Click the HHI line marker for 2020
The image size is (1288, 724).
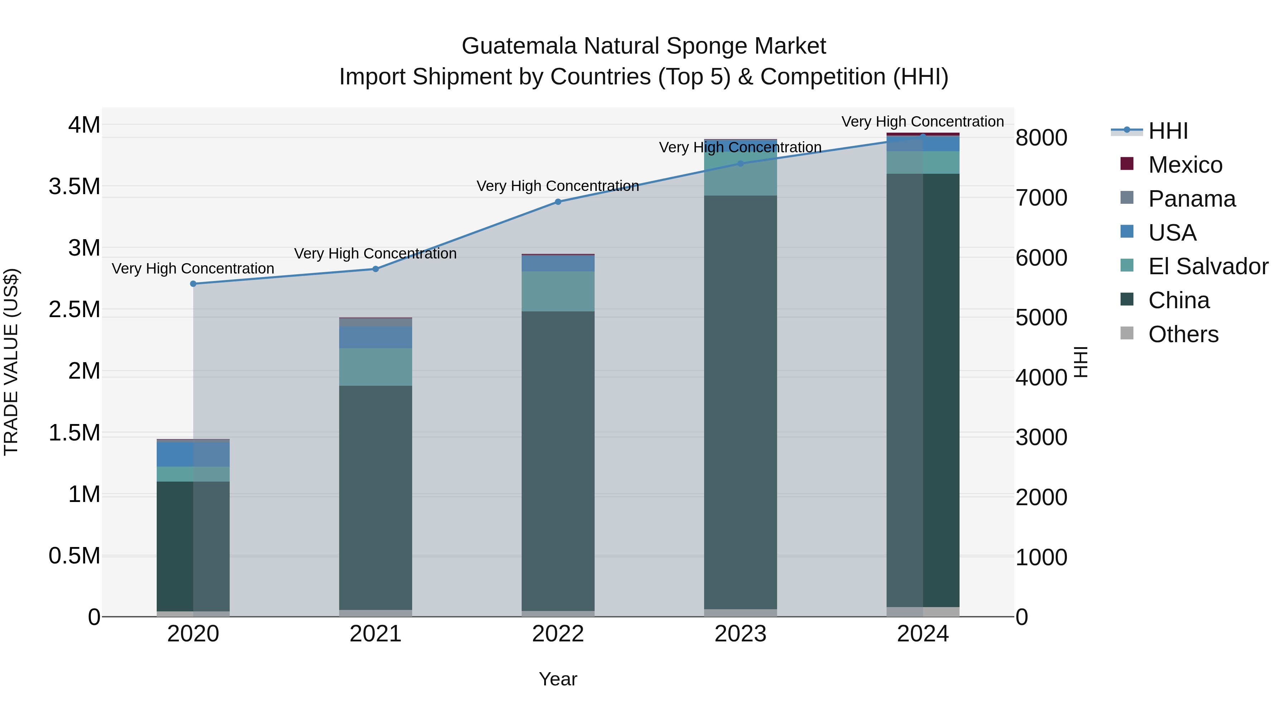pyautogui.click(x=193, y=284)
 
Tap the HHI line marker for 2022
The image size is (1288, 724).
pyautogui.click(x=558, y=202)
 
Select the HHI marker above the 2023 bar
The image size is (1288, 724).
pyautogui.click(x=741, y=163)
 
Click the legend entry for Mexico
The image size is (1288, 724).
pyautogui.click(x=1185, y=165)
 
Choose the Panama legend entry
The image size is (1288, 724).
pyautogui.click(x=1191, y=199)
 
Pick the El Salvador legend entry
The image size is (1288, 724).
pyautogui.click(x=1207, y=266)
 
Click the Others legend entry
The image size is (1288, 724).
pyautogui.click(x=1183, y=334)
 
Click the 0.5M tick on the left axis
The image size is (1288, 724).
pyautogui.click(x=74, y=556)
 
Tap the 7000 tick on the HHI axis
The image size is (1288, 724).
pyautogui.click(x=1041, y=198)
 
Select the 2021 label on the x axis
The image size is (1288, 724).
pyautogui.click(x=376, y=634)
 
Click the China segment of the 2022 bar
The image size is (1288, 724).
pyautogui.click(x=558, y=460)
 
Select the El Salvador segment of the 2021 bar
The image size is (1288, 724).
pyautogui.click(x=376, y=367)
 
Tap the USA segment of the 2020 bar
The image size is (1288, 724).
pyautogui.click(x=193, y=454)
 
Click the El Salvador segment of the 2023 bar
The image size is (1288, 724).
pyautogui.click(x=741, y=175)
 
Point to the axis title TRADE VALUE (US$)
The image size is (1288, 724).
pyautogui.click(x=11, y=362)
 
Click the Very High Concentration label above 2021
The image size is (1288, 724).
pyautogui.click(x=376, y=253)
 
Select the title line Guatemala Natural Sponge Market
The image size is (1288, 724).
pyautogui.click(x=644, y=46)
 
